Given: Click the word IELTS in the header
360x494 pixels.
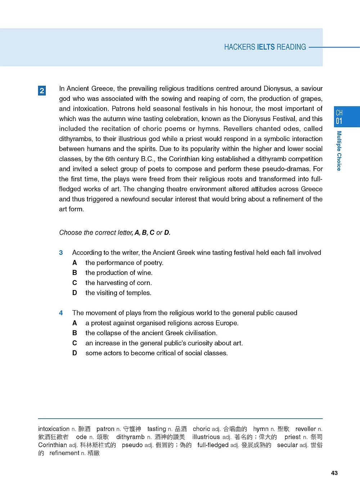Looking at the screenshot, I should coord(266,47).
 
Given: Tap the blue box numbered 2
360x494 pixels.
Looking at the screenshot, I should coord(42,90).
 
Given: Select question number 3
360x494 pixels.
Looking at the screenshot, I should coord(61,253).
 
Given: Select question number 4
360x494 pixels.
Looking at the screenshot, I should coord(61,313).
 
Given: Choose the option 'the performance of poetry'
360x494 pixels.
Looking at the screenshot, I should coord(124,263).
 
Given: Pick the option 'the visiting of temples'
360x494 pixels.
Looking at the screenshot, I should coord(118,293).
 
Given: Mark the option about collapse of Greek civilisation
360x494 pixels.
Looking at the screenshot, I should coord(151,333).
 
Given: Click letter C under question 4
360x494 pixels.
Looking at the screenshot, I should coord(75,343).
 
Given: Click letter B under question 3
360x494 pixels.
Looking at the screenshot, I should coord(75,273).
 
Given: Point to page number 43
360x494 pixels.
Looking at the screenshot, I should coord(334,473).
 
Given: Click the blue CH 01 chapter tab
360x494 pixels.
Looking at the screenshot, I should coord(347,117).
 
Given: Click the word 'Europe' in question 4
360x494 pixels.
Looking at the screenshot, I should coord(226,323).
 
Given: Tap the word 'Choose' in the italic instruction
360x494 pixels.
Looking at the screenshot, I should coord(71,233).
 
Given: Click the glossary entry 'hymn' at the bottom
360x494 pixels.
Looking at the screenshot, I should coord(261,429).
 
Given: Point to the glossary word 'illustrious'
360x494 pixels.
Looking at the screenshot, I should coord(206,437).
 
